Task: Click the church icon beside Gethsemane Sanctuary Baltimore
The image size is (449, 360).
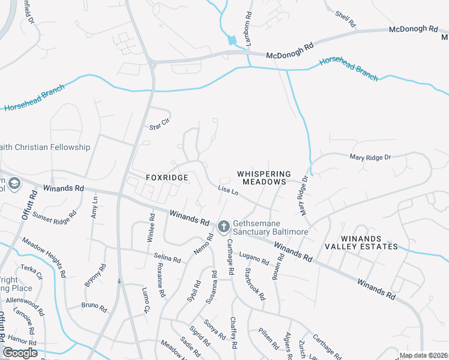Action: [223, 226]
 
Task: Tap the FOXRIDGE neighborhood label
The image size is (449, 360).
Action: [167, 178]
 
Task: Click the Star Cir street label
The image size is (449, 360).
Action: [160, 120]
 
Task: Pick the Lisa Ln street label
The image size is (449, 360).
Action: [228, 191]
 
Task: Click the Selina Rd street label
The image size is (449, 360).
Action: [167, 259]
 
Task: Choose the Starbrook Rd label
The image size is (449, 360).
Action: [255, 284]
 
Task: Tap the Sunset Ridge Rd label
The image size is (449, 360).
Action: [55, 215]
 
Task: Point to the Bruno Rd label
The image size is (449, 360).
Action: [94, 307]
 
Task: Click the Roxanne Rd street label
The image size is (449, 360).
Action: [160, 283]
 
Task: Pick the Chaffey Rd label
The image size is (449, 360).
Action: [234, 331]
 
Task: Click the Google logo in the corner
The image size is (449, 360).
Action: [20, 353]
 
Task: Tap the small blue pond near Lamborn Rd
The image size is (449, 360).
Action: [232, 41]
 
